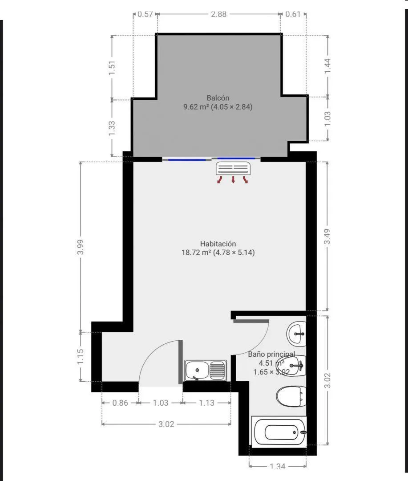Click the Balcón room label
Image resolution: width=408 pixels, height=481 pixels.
[218, 98]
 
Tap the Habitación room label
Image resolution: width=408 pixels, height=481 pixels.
[218, 244]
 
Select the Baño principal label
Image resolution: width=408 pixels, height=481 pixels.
[271, 354]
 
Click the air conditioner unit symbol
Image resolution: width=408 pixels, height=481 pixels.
[233, 168]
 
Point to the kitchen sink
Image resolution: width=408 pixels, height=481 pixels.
[206, 371]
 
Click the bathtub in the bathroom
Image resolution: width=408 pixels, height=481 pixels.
[279, 432]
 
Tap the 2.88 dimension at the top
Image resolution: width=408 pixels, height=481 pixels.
[218, 14]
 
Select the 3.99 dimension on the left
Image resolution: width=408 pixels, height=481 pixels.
[81, 247]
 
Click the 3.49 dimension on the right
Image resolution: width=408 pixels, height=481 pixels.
[327, 236]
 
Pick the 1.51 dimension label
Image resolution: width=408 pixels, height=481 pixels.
[112, 68]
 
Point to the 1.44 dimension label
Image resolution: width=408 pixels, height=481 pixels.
[327, 66]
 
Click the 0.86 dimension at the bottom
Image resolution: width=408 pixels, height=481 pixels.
[120, 403]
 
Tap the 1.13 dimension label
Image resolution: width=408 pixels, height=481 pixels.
[206, 403]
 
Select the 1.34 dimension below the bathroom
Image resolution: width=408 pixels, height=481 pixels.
[278, 466]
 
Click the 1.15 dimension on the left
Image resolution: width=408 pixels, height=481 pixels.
[81, 357]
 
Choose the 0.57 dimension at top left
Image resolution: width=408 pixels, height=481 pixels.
[145, 14]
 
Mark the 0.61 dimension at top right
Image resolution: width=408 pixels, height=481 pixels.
[293, 14]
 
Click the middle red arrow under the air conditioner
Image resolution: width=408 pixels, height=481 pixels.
[233, 179]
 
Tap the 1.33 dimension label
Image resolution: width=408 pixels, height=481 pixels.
[112, 128]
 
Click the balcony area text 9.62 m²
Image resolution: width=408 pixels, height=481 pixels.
[196, 107]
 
